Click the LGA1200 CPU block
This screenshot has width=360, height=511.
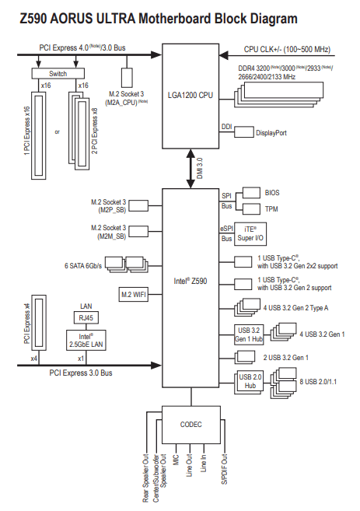point(190,96)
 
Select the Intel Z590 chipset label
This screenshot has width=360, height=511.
point(190,281)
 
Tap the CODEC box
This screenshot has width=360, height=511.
point(191,425)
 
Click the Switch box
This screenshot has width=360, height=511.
point(58,74)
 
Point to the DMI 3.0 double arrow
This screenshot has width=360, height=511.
point(190,169)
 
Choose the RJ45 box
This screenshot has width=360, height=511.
point(86,318)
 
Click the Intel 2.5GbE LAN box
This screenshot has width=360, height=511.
point(86,340)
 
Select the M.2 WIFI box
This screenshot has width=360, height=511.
point(134,295)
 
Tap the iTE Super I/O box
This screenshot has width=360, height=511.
point(250,234)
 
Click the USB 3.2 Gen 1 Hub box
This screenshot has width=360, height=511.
point(249,334)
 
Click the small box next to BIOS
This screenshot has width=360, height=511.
point(251,193)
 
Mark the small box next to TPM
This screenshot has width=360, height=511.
point(251,209)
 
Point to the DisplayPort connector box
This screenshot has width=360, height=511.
point(243,132)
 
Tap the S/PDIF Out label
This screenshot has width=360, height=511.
point(225,469)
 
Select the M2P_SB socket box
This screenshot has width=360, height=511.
point(138,206)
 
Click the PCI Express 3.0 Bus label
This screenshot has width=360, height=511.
point(81,373)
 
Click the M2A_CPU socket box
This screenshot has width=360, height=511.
point(127,78)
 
